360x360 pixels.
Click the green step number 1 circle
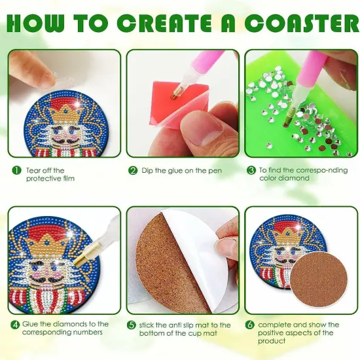15,170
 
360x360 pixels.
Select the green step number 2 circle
133,170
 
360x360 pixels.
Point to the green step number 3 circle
251,170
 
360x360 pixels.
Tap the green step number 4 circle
15,325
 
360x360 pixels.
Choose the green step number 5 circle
133,325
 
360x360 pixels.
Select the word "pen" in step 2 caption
213,170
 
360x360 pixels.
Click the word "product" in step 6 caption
272,340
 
